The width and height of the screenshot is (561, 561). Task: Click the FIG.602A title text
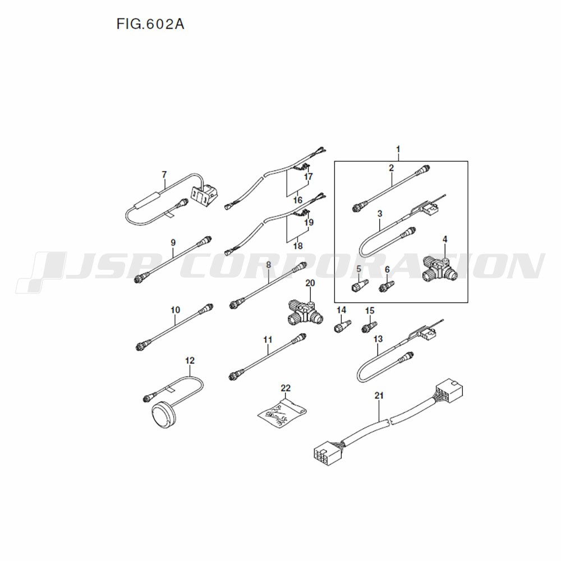[x=150, y=24]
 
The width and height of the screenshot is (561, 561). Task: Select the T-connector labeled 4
[x=440, y=268]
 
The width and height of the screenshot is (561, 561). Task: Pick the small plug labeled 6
[x=387, y=287]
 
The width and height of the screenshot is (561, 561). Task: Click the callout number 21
[x=379, y=396]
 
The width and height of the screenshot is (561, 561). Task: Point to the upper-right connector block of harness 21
[x=449, y=390]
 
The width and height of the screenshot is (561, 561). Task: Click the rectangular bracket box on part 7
[x=203, y=195]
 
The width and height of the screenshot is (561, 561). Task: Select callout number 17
[x=308, y=176]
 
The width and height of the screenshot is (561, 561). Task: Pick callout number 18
[x=298, y=246]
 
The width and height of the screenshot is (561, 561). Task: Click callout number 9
[x=173, y=242]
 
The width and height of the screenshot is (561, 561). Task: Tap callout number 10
[x=175, y=310]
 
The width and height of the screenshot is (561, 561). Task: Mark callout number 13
[x=378, y=339]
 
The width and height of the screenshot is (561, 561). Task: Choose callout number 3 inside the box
[x=380, y=214]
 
